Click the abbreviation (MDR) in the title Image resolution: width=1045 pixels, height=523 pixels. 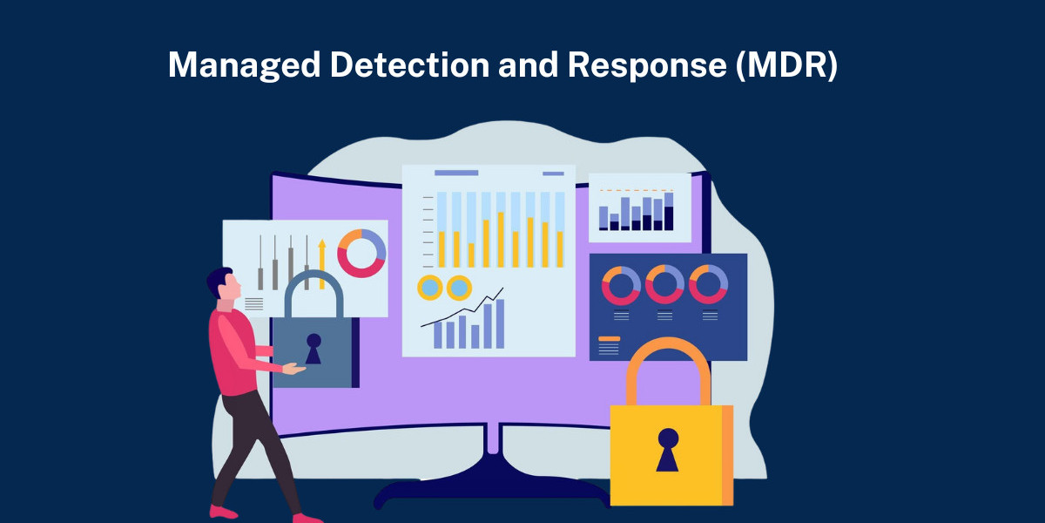click(x=786, y=66)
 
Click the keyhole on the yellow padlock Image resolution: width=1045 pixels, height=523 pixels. click(x=668, y=448)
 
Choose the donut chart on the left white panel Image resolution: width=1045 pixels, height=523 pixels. click(x=361, y=253)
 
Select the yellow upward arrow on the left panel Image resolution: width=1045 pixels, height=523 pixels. click(x=321, y=258)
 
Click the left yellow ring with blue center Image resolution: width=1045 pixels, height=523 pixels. click(x=430, y=287)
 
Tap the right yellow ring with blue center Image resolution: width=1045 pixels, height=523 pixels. click(x=458, y=287)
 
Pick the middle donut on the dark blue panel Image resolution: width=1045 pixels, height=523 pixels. click(x=664, y=284)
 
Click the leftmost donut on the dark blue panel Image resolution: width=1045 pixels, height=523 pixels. click(x=621, y=284)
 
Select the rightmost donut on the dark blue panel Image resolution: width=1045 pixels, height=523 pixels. click(x=708, y=284)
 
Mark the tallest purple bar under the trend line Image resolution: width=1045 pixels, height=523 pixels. click(x=500, y=324)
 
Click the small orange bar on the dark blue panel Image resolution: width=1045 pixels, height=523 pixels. click(x=610, y=338)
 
